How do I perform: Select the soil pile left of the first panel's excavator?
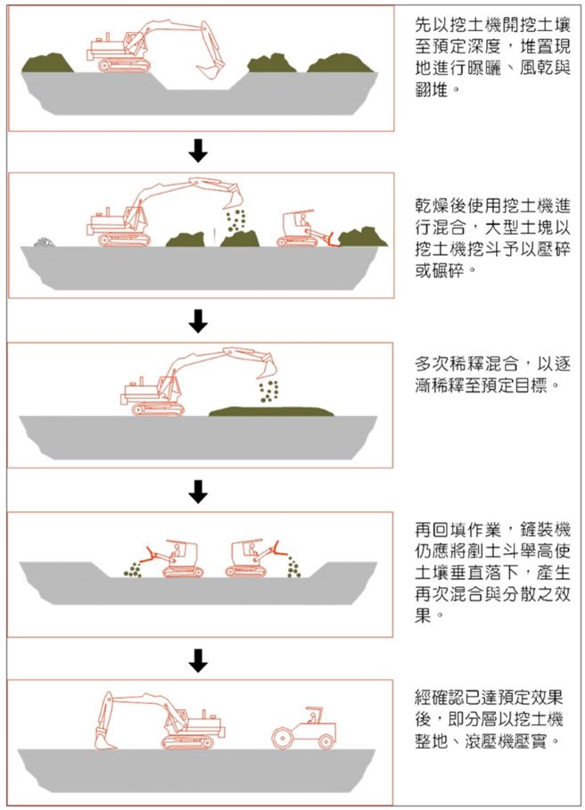(48, 63)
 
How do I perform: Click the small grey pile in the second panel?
(43, 241)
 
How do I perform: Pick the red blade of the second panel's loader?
(332, 238)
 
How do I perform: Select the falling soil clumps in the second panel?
(236, 219)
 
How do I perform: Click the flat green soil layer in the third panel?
(271, 409)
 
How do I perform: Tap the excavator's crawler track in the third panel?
(158, 409)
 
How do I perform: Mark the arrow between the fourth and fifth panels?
(199, 659)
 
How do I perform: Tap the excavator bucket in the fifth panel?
(106, 740)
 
